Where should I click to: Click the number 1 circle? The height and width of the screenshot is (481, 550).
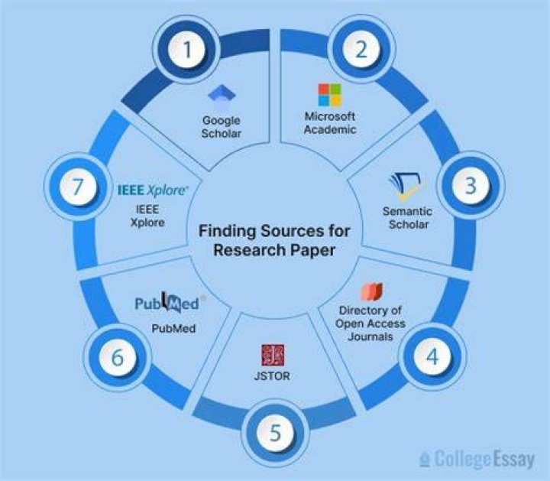(x=187, y=49)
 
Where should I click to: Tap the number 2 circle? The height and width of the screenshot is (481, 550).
(x=361, y=49)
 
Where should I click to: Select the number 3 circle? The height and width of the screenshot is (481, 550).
(x=471, y=185)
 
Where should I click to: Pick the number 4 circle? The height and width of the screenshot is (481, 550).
(x=432, y=356)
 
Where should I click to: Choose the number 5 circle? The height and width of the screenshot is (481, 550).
(x=275, y=433)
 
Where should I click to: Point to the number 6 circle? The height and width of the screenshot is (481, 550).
(x=118, y=357)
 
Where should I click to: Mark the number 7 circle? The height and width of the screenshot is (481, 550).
(x=78, y=186)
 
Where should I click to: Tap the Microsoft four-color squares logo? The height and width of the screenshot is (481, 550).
(x=330, y=95)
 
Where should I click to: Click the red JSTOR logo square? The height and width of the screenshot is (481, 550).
(x=273, y=355)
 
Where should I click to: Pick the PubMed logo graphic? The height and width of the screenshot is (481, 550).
(x=167, y=302)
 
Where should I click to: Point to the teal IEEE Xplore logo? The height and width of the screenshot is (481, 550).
(x=152, y=190)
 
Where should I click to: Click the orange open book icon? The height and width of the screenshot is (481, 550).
(x=372, y=291)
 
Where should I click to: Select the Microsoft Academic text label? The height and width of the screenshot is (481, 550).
(x=330, y=123)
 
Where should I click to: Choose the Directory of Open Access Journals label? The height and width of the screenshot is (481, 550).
(x=370, y=323)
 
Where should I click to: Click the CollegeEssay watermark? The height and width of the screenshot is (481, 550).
(x=477, y=459)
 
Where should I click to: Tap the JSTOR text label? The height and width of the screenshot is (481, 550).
(x=272, y=376)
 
